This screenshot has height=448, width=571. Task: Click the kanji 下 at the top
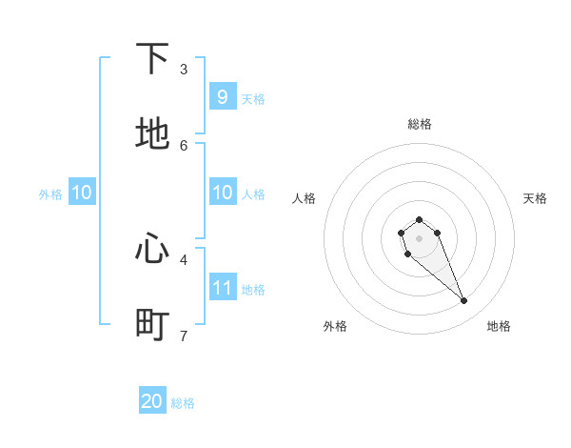152,60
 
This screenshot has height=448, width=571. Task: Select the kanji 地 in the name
152,134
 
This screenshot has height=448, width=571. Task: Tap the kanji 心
152,250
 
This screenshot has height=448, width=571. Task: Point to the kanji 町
152,324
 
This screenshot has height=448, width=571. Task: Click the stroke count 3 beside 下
184,70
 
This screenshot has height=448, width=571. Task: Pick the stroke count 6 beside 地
184,145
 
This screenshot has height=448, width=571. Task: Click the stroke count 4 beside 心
184,259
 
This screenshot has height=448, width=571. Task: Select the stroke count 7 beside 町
184,335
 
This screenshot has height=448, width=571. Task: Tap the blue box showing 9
222,97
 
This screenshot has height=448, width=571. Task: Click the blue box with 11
222,288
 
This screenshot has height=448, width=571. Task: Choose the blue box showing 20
152,402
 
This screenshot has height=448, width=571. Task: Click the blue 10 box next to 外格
81,193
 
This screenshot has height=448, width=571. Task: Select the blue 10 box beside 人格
222,193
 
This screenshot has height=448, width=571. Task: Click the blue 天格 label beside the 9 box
252,98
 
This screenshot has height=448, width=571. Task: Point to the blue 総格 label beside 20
183,403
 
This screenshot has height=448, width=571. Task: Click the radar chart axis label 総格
420,124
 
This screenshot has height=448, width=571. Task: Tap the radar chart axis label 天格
536,198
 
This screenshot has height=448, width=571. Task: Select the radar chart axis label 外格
335,326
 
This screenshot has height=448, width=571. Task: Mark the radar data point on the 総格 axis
420,219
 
